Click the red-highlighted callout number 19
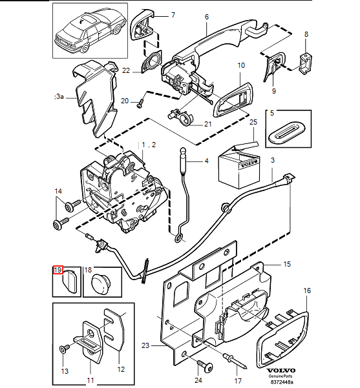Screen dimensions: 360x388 (x=58, y=270)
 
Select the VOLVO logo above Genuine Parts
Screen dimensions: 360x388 (x=281, y=371)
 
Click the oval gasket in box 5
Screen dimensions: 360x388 (x=288, y=132)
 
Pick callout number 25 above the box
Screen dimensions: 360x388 (x=253, y=122)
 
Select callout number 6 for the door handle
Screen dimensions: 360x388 (x=207, y=17)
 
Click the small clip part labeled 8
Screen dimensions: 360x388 (x=306, y=63)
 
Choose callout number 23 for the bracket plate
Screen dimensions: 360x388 (x=145, y=345)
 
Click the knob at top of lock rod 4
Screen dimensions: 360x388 (x=183, y=150)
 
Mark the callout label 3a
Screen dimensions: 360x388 (x=59, y=96)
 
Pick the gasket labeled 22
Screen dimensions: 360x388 (x=152, y=62)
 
